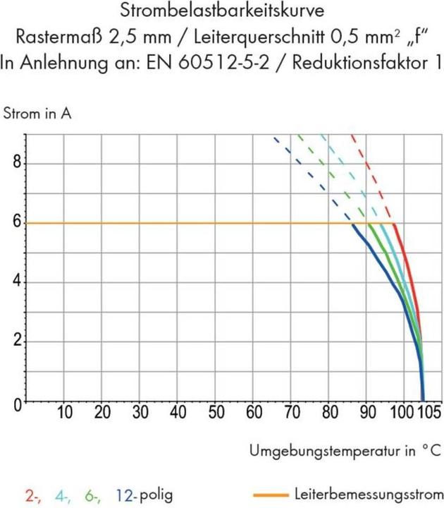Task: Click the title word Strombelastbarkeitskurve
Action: tap(222, 12)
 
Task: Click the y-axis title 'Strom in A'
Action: tap(37, 112)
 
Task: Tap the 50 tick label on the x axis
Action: tap(215, 412)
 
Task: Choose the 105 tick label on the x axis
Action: tap(428, 412)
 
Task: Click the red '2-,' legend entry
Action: tap(32, 495)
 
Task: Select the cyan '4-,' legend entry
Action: tap(61, 495)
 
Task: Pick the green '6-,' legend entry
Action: tap(92, 495)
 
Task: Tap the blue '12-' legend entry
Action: tap(124, 495)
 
